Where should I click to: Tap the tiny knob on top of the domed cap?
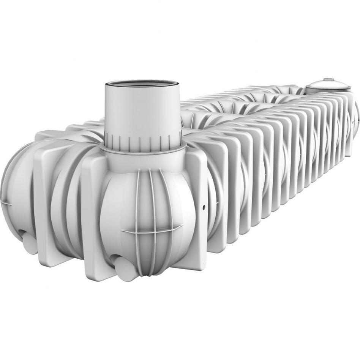(327, 79)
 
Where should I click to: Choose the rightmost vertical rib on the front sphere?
(164, 216)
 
